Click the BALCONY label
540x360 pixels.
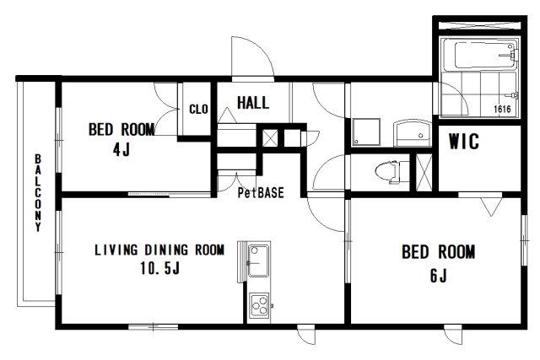(38, 193)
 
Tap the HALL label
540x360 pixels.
(253, 103)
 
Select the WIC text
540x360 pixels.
(463, 141)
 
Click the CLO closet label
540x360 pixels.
(199, 109)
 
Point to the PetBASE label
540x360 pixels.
(261, 193)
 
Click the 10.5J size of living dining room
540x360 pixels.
(159, 268)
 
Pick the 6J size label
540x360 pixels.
(438, 276)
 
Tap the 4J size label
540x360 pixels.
(121, 149)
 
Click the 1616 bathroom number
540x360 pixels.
(503, 109)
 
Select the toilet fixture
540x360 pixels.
(387, 171)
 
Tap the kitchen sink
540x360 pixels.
(258, 261)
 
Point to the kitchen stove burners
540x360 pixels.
(259, 305)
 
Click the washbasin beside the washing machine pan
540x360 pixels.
(413, 133)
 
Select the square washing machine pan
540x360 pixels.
(366, 132)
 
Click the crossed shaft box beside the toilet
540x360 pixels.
(424, 173)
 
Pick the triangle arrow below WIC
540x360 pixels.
(490, 207)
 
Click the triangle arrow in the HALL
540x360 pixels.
(227, 115)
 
